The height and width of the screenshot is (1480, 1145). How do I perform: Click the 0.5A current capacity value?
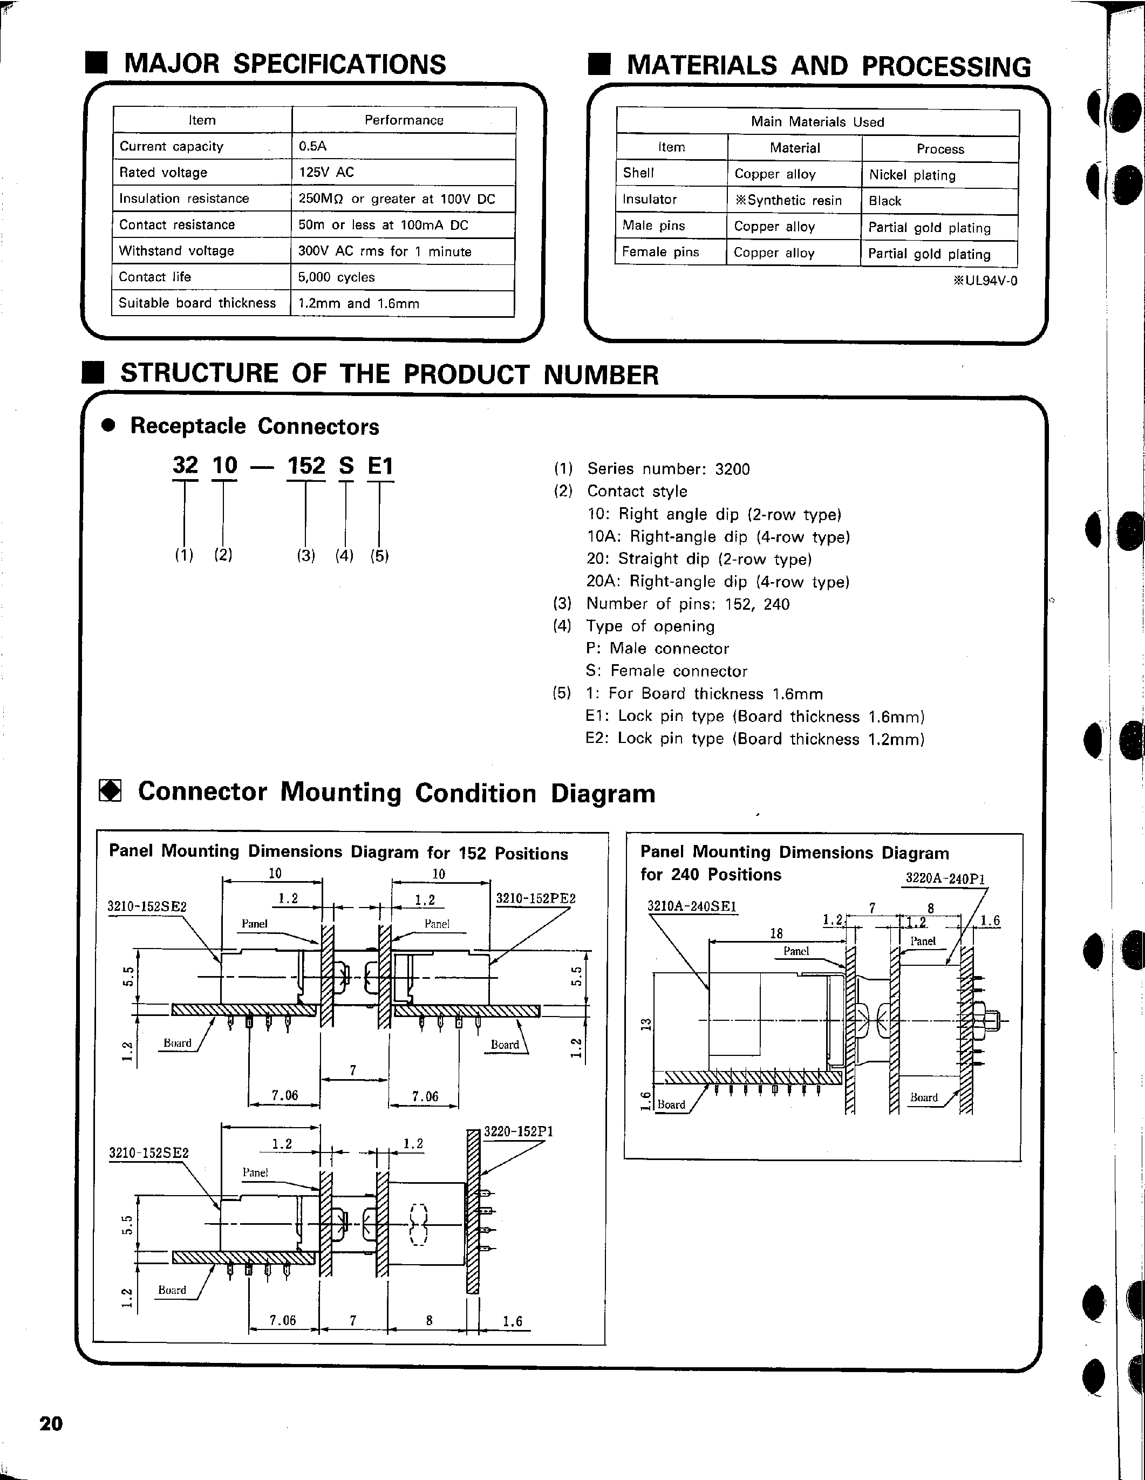click(x=313, y=146)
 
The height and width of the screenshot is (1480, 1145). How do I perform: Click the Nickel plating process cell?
click(x=912, y=175)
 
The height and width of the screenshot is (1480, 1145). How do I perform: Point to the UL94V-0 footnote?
click(x=985, y=281)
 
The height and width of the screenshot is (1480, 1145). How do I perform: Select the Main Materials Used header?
click(x=817, y=122)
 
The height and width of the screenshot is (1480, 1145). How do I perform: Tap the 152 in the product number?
click(x=306, y=466)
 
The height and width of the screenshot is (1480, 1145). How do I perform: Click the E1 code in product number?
click(x=380, y=466)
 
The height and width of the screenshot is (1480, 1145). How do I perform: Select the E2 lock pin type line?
click(x=755, y=739)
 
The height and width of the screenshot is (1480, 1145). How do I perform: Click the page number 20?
click(x=51, y=1424)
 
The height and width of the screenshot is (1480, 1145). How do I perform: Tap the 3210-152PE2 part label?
click(x=535, y=898)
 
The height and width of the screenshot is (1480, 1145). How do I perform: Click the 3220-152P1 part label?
click(x=519, y=1131)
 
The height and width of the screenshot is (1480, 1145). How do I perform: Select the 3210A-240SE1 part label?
click(x=692, y=906)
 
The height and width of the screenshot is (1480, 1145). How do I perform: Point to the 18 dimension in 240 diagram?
click(x=776, y=933)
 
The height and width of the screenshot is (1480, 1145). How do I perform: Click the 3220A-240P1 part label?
click(x=945, y=879)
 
